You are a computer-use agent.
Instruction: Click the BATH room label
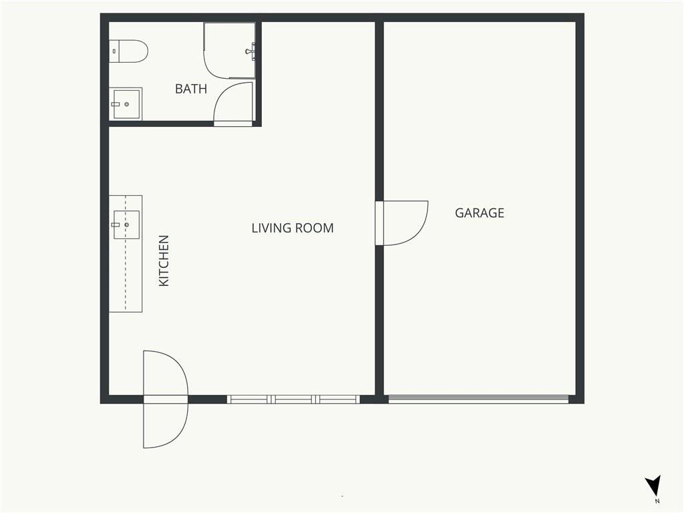click(190, 89)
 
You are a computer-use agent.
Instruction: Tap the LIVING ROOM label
click(293, 228)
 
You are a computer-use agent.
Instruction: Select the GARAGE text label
click(480, 213)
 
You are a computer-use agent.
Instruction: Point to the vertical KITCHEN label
click(164, 261)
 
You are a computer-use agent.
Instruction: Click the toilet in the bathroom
click(128, 51)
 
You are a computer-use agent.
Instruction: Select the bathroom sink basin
click(126, 104)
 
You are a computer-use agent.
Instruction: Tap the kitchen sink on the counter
click(126, 224)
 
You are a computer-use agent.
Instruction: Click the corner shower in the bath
click(230, 51)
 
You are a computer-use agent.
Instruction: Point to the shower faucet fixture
click(250, 51)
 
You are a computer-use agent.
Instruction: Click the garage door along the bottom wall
click(478, 399)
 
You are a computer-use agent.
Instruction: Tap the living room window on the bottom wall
click(293, 399)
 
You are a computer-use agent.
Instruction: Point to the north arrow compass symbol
click(653, 485)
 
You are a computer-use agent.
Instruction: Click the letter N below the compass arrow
click(657, 501)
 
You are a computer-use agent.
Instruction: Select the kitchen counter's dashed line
click(126, 253)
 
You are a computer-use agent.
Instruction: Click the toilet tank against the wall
click(114, 51)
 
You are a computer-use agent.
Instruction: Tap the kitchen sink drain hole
click(127, 224)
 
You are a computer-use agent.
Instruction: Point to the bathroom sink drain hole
click(127, 104)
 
